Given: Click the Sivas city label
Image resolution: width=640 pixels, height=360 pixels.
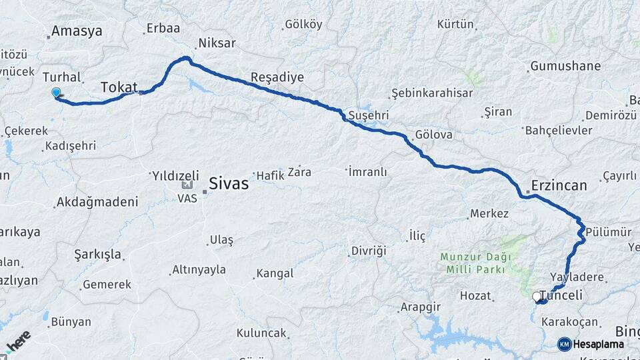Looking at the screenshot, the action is tap(229, 183).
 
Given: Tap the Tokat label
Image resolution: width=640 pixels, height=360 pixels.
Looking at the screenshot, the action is tap(119, 87).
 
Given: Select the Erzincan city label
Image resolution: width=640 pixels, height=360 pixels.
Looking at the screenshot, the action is tap(559, 185).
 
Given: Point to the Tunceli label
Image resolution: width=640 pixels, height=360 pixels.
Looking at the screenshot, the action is tap(565, 295).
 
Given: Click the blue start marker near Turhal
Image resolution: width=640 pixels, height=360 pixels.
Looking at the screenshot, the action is tap(56, 93).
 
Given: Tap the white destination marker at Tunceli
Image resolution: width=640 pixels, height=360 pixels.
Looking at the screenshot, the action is tap(537, 297).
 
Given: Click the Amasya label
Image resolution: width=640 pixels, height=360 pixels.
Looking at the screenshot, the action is tap(77, 31).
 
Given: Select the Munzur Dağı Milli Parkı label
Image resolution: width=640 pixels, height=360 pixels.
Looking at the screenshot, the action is tap(475, 262).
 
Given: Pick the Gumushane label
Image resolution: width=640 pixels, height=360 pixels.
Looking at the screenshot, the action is tap(565, 66).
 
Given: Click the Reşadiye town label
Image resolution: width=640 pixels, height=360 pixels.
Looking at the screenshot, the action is tap(277, 77).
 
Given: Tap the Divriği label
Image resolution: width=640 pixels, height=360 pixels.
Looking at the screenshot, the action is tap(367, 251).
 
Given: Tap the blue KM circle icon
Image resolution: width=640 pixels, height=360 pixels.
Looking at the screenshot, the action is tap(564, 344).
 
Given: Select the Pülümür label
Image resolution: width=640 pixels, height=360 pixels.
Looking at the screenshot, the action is tap(610, 231).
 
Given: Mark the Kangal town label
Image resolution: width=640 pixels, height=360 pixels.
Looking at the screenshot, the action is tap(275, 273).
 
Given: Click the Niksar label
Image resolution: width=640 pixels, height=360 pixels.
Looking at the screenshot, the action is tap(216, 43).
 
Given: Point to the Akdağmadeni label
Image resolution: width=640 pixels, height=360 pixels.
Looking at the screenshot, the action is tap(97, 201).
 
